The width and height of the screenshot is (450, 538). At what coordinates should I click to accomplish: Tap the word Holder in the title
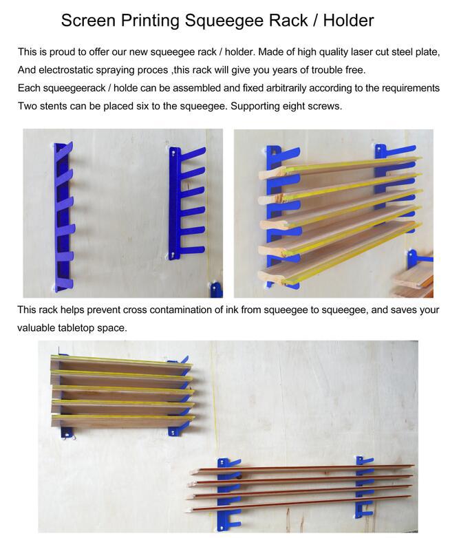coord(348,20)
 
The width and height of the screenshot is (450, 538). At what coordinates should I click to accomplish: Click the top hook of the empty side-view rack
coord(193,152)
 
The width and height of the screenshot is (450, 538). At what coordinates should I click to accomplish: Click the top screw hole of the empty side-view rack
coord(173,151)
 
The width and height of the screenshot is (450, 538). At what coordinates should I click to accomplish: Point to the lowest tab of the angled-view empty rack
coord(65,283)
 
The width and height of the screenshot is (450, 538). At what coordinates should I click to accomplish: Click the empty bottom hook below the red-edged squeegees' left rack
coord(233,521)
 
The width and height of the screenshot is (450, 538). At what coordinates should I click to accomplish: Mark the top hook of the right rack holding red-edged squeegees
coord(367,460)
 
